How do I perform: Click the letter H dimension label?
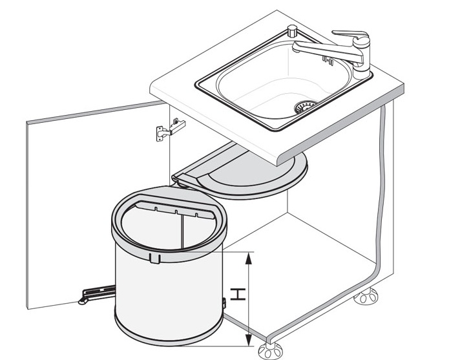(x=238, y=294)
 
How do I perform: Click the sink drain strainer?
(x=306, y=105)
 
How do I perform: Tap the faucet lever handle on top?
(x=350, y=34)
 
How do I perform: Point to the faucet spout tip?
(x=296, y=47)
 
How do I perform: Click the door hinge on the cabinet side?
(x=171, y=129)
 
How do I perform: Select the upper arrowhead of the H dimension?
(x=249, y=259)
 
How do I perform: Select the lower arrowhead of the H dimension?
(x=249, y=340)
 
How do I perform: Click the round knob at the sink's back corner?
(x=292, y=30)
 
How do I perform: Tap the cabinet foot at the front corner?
(x=270, y=350)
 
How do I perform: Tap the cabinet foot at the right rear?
(x=366, y=296)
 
